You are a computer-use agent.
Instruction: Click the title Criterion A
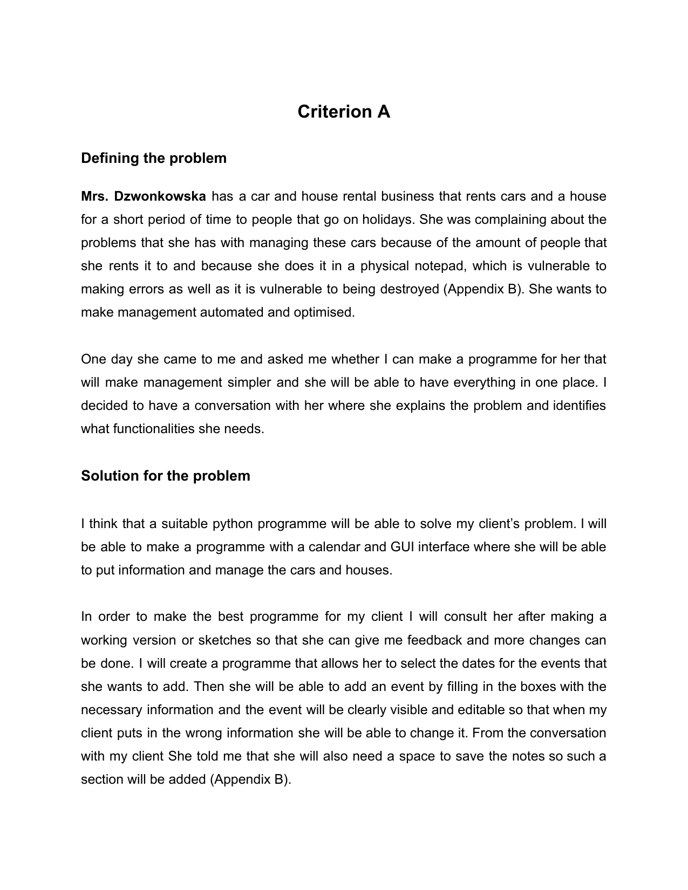(344, 112)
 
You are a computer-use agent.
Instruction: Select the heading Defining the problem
(154, 158)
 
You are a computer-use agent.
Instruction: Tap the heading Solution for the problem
(166, 476)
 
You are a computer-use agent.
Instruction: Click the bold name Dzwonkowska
(160, 196)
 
